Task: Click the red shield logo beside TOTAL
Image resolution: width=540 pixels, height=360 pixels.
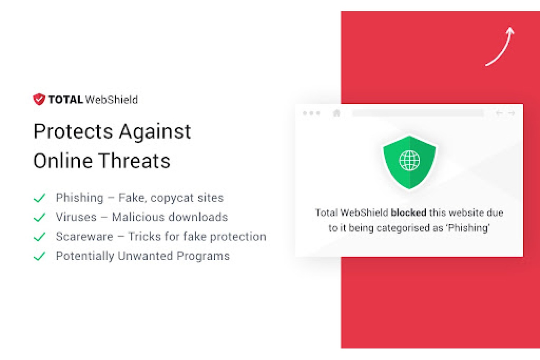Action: point(39,99)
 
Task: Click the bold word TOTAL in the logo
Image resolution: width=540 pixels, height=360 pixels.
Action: point(66,100)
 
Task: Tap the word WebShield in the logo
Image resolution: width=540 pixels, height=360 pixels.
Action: point(112,100)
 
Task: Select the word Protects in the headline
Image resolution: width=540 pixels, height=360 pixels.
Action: point(73,132)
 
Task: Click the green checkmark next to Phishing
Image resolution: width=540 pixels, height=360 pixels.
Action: point(40,198)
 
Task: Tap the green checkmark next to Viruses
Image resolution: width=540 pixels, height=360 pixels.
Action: point(40,217)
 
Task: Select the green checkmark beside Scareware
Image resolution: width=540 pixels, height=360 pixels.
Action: point(40,237)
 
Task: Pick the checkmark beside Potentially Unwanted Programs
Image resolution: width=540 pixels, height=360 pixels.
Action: point(40,256)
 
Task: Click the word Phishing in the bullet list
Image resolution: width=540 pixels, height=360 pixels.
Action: point(80,198)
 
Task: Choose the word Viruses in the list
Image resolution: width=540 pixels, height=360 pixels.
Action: point(76,217)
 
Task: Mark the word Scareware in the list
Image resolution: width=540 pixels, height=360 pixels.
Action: point(84,237)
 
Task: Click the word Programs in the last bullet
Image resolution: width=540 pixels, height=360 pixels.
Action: point(203,256)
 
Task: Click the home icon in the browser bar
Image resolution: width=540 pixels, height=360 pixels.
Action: point(337,113)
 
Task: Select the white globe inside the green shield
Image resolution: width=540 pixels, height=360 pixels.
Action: point(409,160)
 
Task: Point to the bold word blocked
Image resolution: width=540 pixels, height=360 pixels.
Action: point(409,213)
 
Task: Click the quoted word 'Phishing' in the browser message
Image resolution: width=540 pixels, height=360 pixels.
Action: point(468,228)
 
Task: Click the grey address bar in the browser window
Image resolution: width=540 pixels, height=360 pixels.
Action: point(418,113)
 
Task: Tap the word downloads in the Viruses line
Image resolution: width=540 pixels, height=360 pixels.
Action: point(198,217)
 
